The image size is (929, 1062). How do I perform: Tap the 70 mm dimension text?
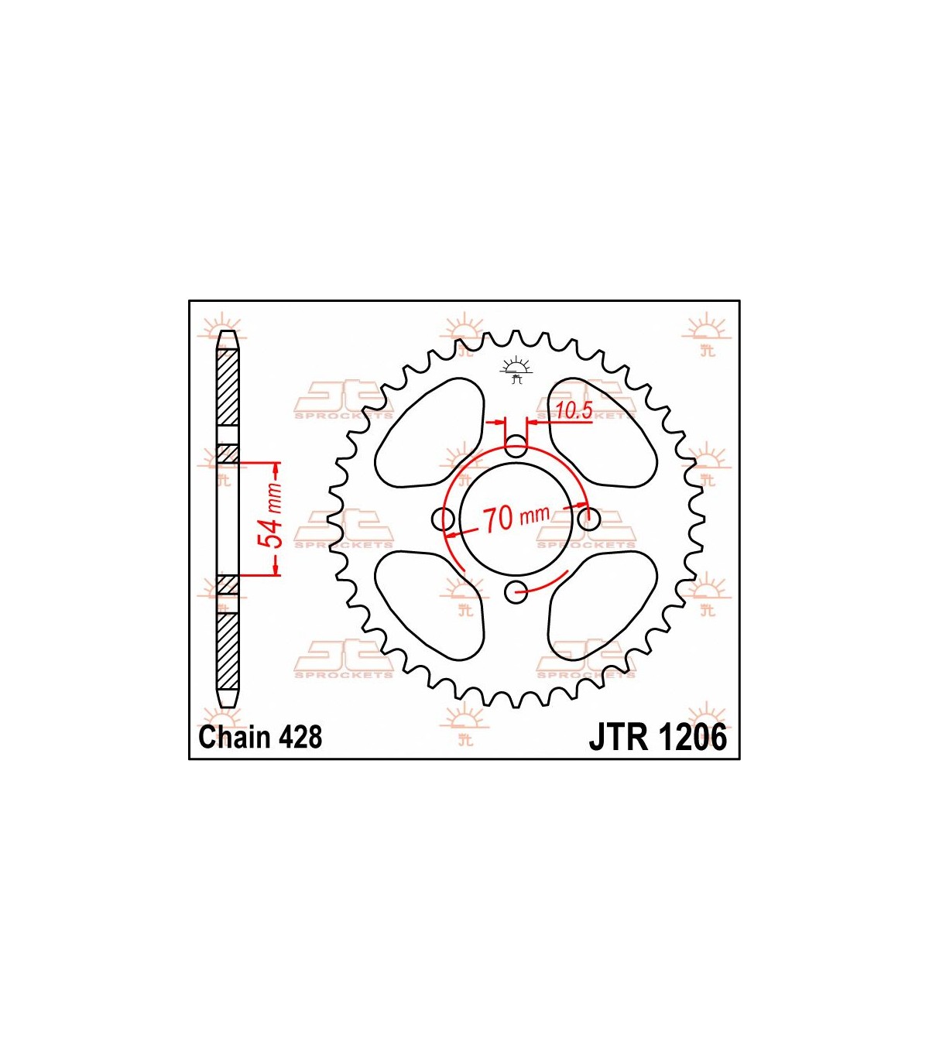tap(516, 518)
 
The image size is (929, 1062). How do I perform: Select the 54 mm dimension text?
tap(272, 516)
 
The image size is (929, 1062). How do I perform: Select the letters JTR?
tap(618, 738)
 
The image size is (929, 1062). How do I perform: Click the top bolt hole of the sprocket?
tap(516, 447)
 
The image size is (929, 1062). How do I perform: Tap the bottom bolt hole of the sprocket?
tap(516, 592)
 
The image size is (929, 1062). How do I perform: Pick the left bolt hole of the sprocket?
tap(444, 519)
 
